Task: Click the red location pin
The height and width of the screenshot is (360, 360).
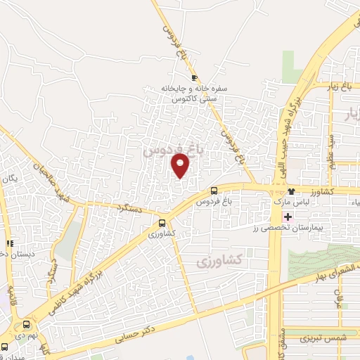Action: [181, 165]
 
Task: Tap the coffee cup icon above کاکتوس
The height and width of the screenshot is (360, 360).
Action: [195, 78]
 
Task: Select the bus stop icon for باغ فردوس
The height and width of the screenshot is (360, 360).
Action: [214, 191]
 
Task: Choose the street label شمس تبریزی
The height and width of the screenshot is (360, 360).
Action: [315, 337]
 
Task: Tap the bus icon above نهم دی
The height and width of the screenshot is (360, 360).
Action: [27, 324]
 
